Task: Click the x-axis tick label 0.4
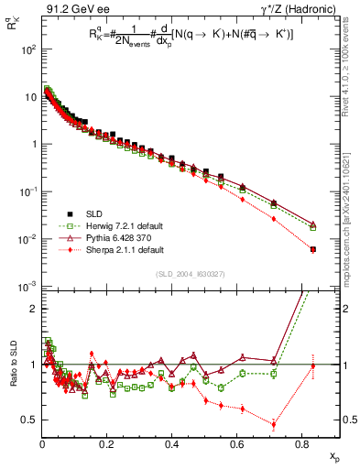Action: coord(172,447)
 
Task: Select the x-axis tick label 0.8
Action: coord(302,447)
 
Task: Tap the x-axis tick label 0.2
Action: coord(107,447)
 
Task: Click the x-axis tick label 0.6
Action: coord(237,447)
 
